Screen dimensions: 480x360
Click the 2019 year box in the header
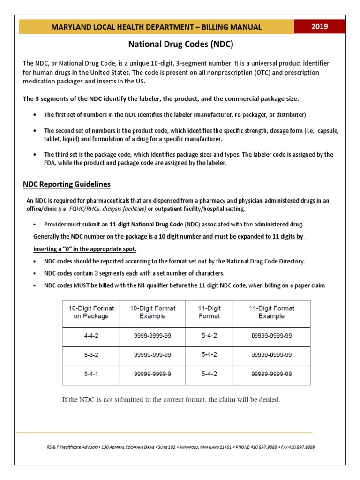pos(320,27)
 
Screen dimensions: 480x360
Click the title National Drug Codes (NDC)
pos(180,45)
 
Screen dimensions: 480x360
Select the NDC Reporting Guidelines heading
pos(67,184)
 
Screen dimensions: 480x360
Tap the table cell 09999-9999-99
pos(271,336)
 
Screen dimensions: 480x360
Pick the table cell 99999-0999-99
pos(271,355)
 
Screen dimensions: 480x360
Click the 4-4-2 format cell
pos(91,336)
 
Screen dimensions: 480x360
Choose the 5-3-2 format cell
pos(91,355)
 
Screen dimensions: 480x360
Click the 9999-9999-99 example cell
pos(152,336)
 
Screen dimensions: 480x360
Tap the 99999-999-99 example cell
pos(152,355)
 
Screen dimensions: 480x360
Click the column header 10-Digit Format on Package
pos(91,312)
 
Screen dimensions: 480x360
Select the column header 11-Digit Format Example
pos(271,312)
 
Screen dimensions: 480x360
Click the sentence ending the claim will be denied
pos(172,400)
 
